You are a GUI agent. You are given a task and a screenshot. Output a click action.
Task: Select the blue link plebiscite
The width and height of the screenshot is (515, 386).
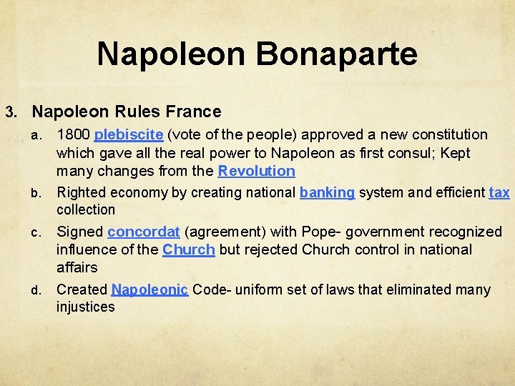point(129,134)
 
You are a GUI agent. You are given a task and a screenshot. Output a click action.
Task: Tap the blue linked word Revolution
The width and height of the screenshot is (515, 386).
point(256,171)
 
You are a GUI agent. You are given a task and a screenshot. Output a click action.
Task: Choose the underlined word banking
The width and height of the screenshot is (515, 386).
point(327,192)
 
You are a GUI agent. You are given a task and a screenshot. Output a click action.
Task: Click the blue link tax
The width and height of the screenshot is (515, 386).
point(499,192)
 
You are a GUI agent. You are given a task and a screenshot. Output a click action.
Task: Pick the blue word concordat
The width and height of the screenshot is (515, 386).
point(143,232)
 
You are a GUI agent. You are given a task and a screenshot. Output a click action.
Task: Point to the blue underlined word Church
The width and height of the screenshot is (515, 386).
point(189,249)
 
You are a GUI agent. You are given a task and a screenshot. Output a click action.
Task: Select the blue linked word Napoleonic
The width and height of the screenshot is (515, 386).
point(149,289)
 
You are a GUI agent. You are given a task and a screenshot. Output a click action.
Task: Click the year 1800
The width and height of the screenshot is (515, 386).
point(73,134)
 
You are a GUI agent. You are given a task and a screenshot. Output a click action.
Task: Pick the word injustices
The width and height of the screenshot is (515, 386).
point(85,307)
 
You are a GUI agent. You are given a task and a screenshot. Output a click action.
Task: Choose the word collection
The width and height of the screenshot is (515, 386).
point(86,210)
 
